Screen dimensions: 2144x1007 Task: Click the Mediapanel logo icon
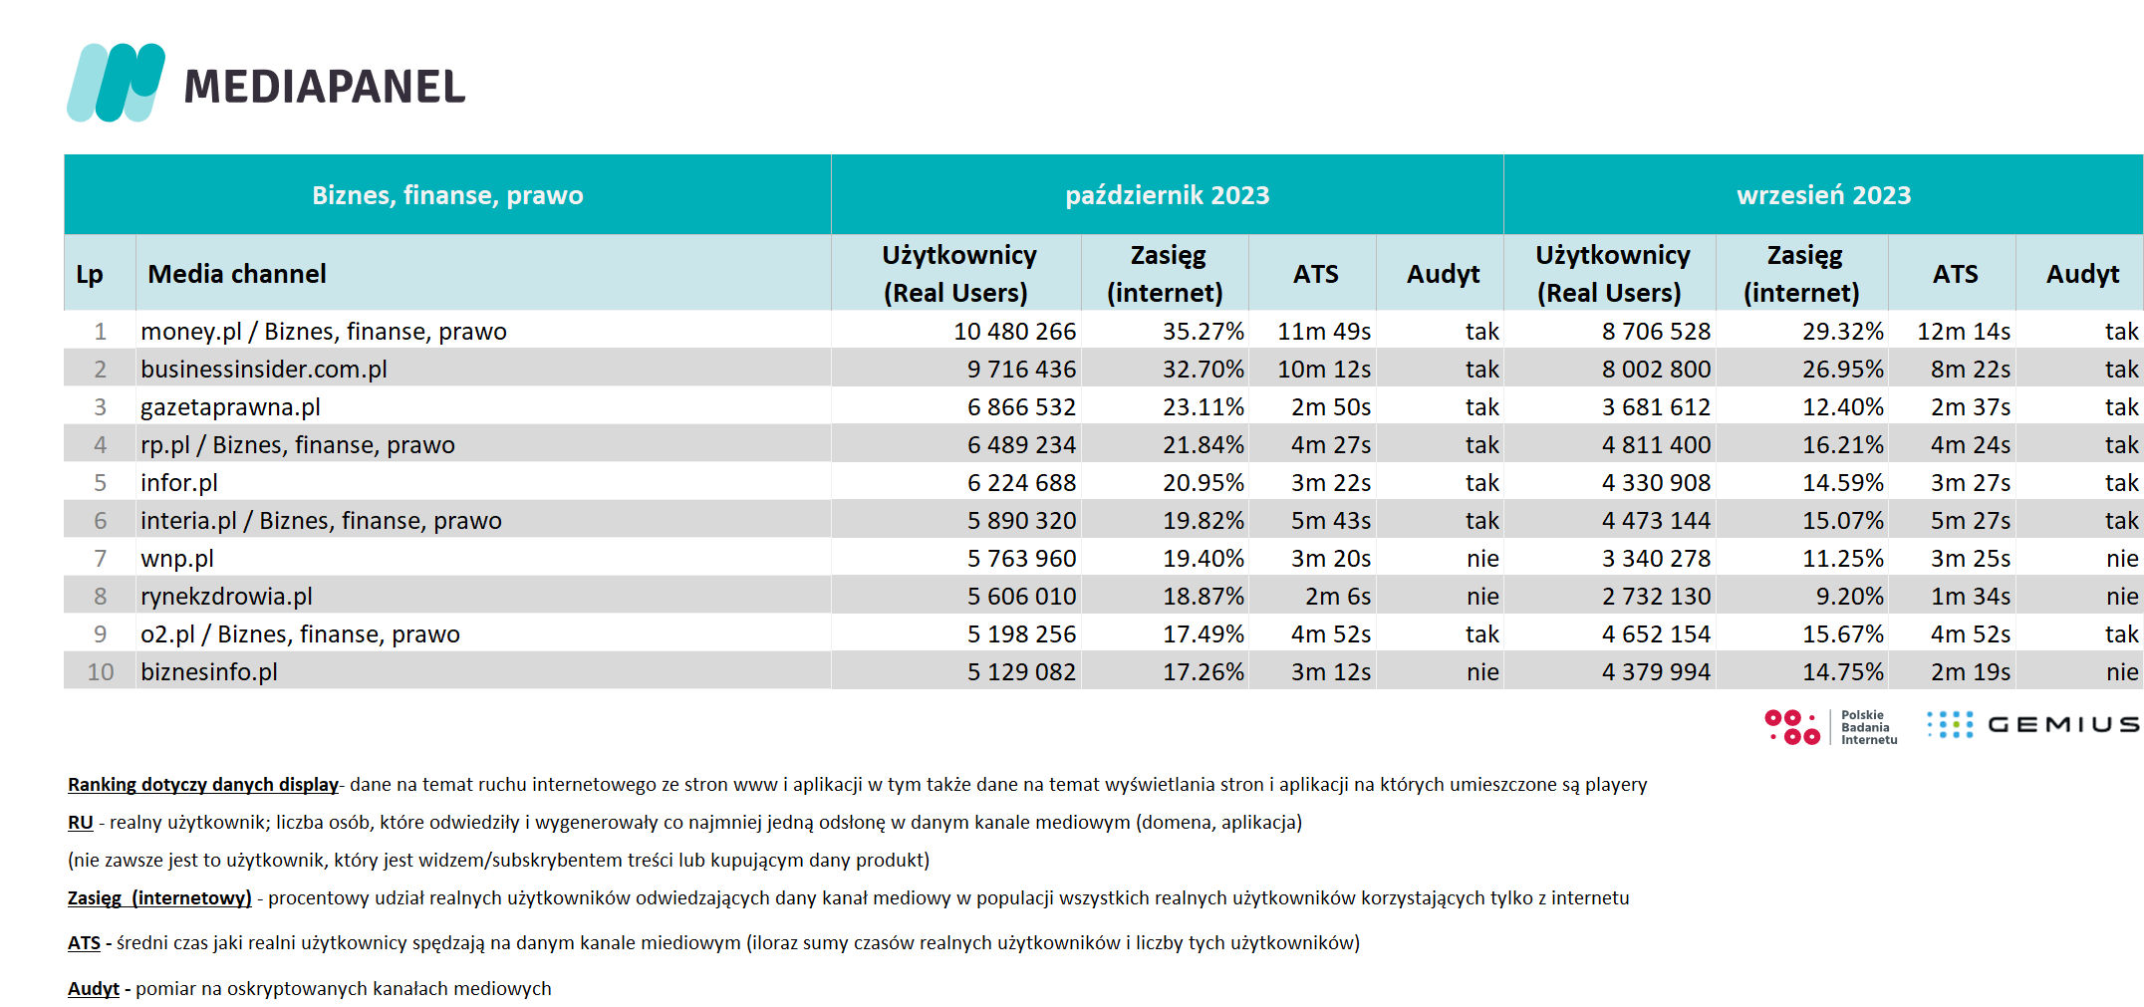(x=116, y=83)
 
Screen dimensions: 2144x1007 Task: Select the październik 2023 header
(x=1167, y=195)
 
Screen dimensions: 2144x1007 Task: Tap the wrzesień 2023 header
(x=1823, y=195)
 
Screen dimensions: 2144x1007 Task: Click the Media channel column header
(x=237, y=274)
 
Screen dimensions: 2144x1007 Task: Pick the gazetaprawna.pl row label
(x=230, y=407)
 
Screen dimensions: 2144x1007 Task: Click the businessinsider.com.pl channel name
(x=264, y=370)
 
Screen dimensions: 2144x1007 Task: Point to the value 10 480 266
(x=1014, y=332)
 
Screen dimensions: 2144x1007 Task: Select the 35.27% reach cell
(x=1203, y=332)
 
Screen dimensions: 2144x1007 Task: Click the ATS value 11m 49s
(x=1324, y=332)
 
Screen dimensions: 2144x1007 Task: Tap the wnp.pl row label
(x=177, y=559)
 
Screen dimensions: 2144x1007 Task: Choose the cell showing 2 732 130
(x=1656, y=597)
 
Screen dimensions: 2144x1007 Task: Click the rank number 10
(x=101, y=672)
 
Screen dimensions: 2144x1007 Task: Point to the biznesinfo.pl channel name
(x=209, y=672)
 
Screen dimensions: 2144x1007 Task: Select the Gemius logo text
(x=2063, y=725)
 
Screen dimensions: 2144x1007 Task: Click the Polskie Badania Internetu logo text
(x=1869, y=727)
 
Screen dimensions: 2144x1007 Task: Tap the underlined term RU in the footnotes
(x=80, y=823)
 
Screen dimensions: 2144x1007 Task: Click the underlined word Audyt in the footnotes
(x=94, y=989)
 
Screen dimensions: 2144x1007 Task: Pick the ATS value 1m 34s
(x=1970, y=597)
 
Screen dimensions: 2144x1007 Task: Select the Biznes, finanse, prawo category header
(x=447, y=195)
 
